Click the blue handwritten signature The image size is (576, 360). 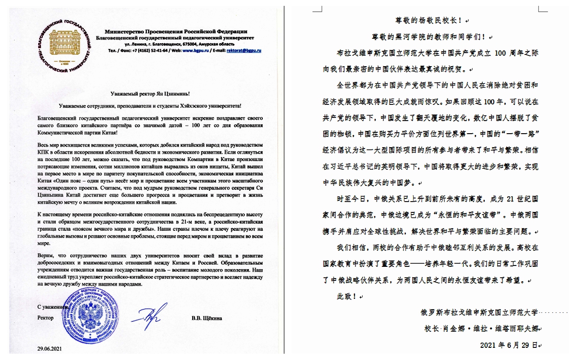coord(148,317)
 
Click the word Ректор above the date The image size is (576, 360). coord(45,318)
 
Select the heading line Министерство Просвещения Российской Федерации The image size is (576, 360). coord(175,31)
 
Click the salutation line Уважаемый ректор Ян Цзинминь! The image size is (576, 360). coord(150,94)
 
